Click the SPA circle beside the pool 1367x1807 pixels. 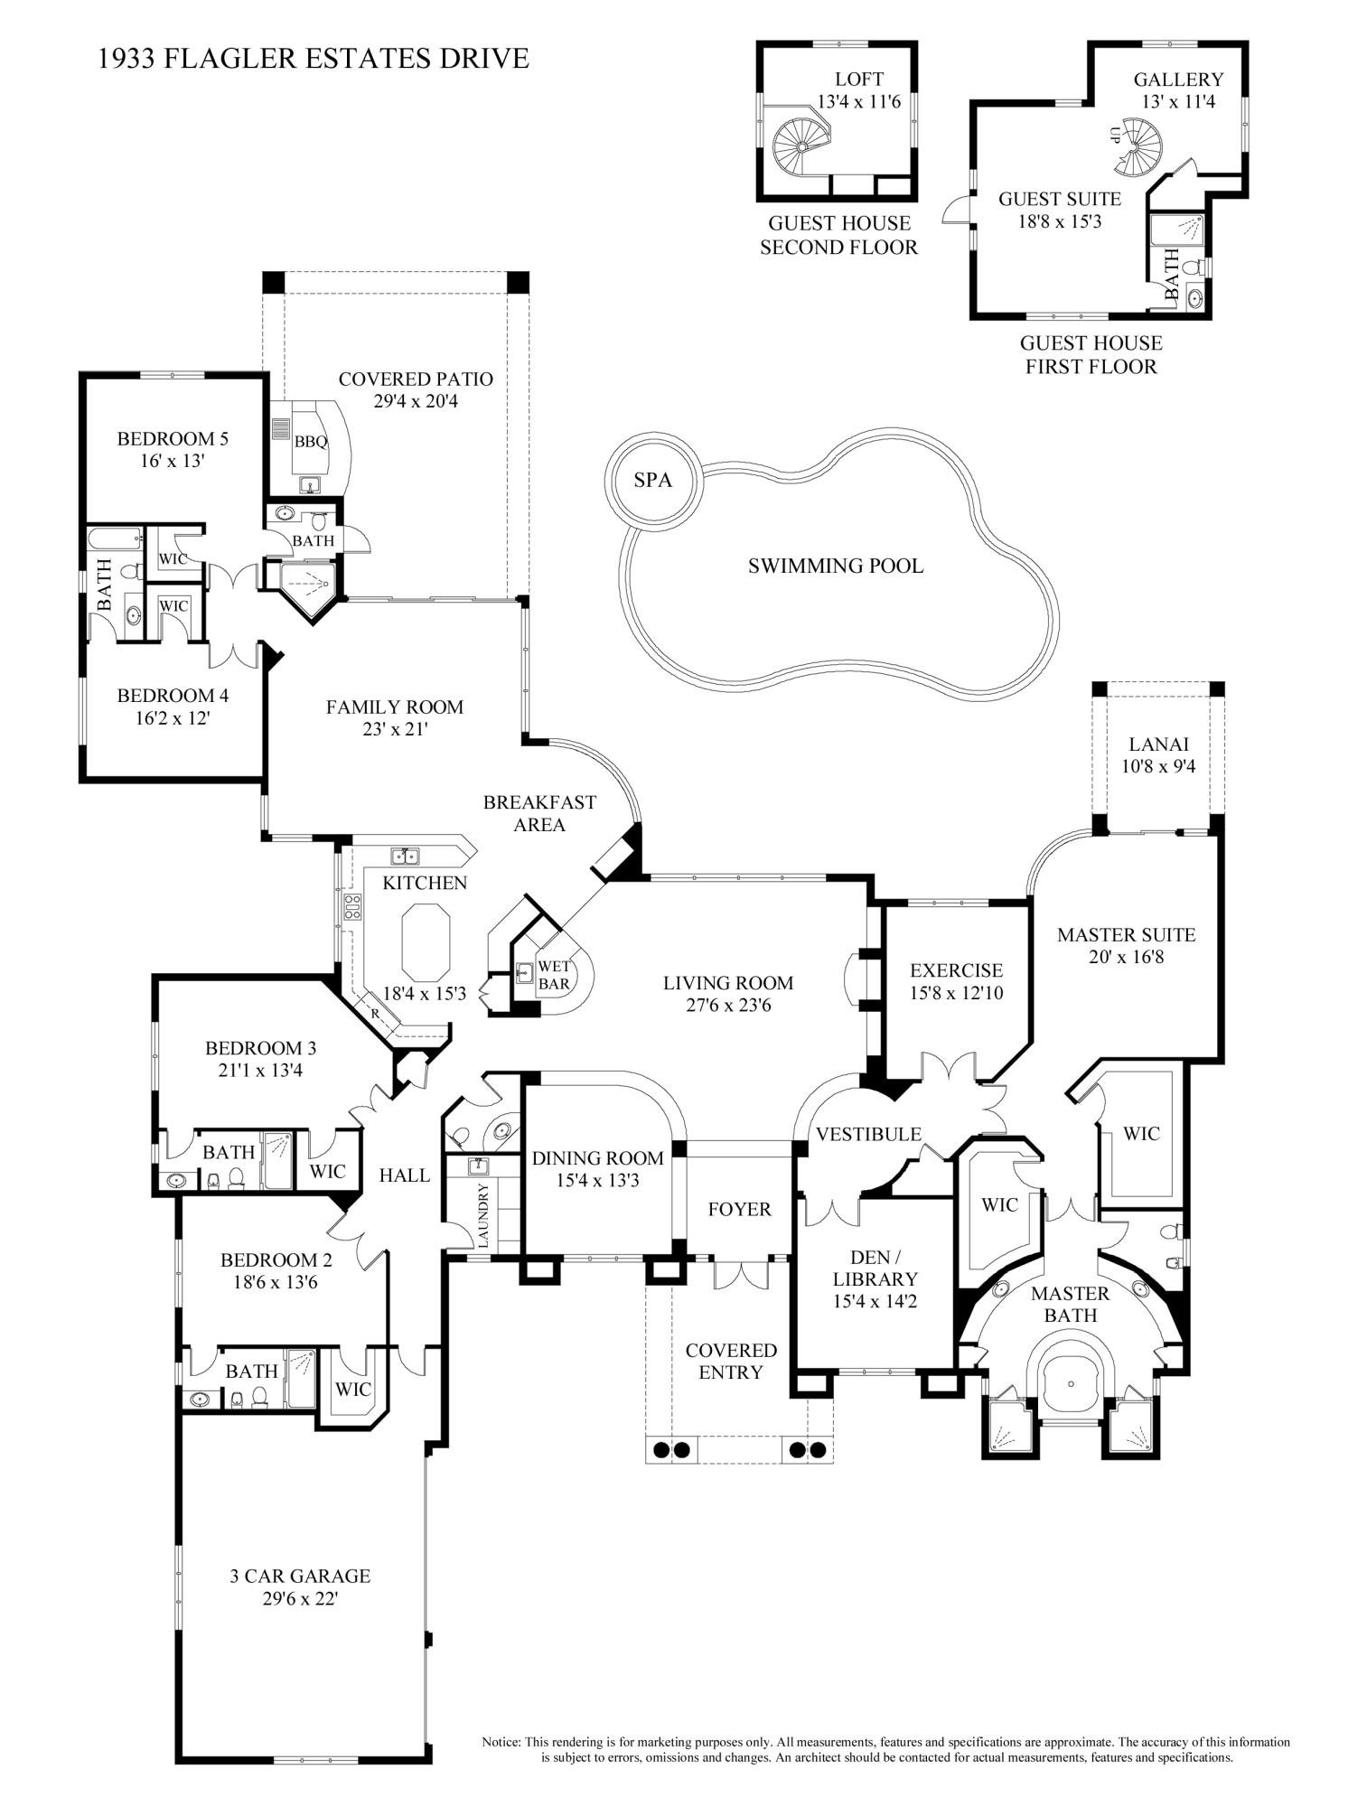click(x=652, y=480)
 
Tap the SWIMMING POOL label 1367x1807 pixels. click(x=835, y=566)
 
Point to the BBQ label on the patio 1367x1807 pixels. click(x=310, y=442)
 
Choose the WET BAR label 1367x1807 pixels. click(x=553, y=974)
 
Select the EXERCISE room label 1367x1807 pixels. click(x=956, y=970)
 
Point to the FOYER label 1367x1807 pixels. click(x=739, y=1210)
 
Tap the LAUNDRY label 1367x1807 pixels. click(x=482, y=1216)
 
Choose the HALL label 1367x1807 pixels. click(x=404, y=1175)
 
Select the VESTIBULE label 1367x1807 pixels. click(x=867, y=1134)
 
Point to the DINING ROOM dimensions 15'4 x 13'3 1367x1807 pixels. click(x=597, y=1180)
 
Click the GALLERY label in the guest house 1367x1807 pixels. click(x=1178, y=80)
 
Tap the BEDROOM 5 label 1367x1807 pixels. click(x=173, y=439)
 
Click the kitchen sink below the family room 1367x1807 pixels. click(x=404, y=855)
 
